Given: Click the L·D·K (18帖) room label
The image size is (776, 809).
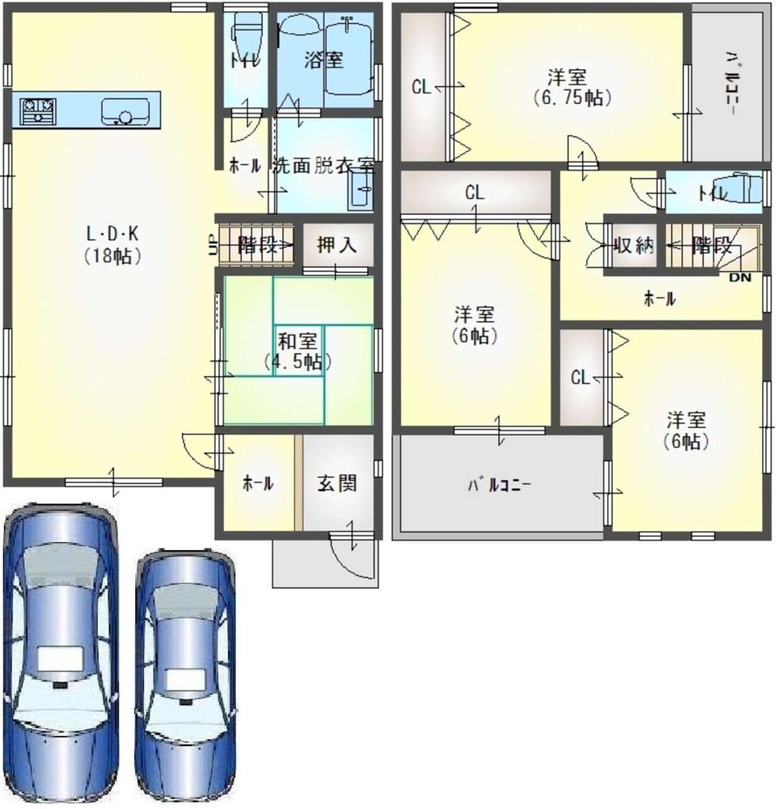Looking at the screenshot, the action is click(x=113, y=245).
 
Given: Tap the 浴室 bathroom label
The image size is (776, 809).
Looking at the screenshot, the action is click(x=324, y=61).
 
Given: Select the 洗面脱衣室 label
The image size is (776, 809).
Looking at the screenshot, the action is click(x=324, y=166).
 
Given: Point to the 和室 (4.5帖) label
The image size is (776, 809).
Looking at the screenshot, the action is click(x=297, y=351).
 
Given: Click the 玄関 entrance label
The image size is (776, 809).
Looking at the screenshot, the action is click(x=337, y=483).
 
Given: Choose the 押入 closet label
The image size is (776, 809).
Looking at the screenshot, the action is click(x=337, y=244).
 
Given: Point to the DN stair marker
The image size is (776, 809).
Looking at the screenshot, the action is click(x=740, y=278).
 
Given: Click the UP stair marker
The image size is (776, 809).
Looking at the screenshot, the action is click(x=212, y=245).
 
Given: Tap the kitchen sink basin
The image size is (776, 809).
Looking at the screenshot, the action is click(x=126, y=111).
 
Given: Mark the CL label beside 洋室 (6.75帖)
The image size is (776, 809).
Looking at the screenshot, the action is click(x=421, y=87).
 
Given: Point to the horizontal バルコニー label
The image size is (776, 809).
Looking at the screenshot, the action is click(x=499, y=485).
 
